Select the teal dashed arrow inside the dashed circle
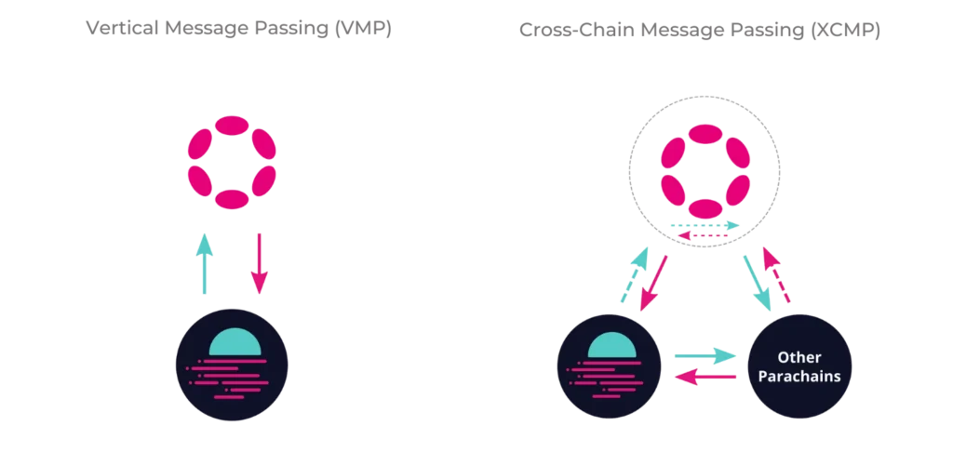click(705, 226)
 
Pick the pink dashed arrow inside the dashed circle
click(705, 238)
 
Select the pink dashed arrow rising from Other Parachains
click(777, 275)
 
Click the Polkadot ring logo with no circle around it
click(233, 162)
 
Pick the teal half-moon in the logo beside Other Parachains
click(611, 345)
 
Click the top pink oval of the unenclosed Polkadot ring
click(233, 126)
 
